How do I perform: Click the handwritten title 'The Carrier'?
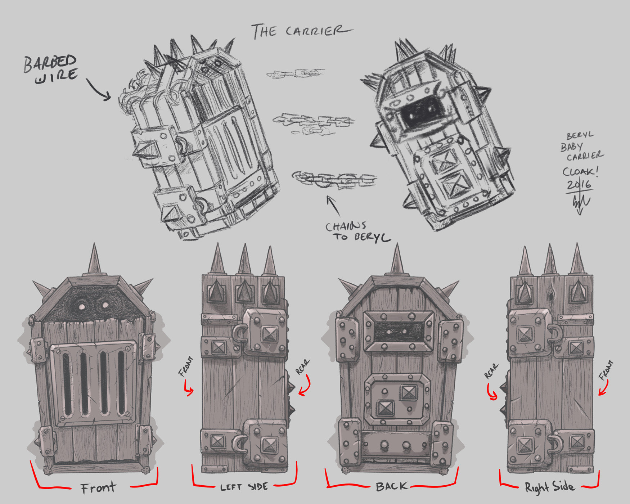(x=302, y=31)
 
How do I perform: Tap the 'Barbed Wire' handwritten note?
(x=50, y=69)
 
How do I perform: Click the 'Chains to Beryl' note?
(x=357, y=231)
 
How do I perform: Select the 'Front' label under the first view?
(x=98, y=487)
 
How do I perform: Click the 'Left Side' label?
(x=244, y=487)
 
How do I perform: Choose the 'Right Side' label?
(x=549, y=487)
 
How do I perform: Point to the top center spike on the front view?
(x=94, y=258)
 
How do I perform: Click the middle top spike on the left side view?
(x=244, y=259)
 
